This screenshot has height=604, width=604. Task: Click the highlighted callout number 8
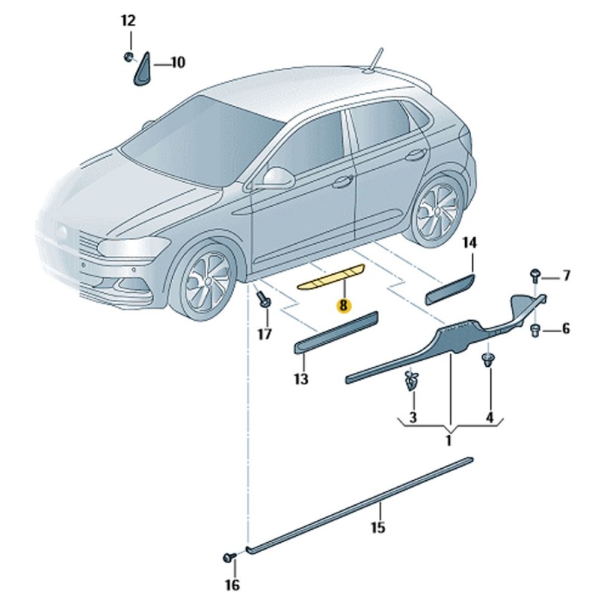coord(344,306)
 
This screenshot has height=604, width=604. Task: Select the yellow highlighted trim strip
coord(331,276)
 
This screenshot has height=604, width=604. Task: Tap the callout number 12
coord(128,20)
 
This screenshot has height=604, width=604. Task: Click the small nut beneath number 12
coord(128,57)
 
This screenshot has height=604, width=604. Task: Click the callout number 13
coord(301,379)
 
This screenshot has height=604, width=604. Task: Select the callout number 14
coord(470,243)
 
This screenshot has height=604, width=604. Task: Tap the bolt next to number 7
coord(535,276)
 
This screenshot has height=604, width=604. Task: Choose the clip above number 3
coord(411,381)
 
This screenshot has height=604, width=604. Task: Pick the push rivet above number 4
coord(488,360)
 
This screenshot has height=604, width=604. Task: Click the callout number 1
coord(448,440)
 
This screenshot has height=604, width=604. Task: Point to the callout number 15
coord(378,527)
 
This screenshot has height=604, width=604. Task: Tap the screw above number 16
coord(230,557)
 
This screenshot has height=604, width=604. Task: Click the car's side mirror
coord(278,177)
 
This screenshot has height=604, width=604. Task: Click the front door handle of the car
coord(343,182)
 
